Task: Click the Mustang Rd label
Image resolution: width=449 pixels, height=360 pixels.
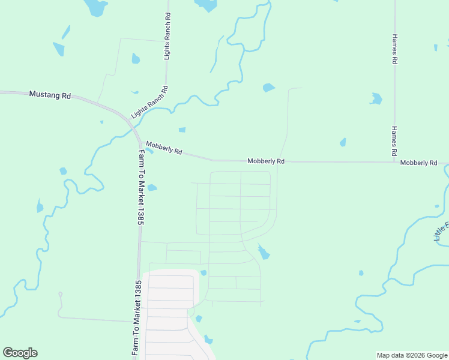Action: tap(50, 95)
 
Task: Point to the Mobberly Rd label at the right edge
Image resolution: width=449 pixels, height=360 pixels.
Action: tap(419, 163)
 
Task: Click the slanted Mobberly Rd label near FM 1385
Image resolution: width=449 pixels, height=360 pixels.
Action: tap(164, 148)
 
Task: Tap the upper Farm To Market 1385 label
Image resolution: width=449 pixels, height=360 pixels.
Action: tap(140, 187)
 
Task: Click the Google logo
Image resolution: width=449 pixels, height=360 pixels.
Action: tap(20, 353)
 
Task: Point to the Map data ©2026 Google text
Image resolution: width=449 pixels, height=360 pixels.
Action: tap(412, 355)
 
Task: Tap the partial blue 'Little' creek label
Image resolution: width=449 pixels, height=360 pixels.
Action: tap(441, 231)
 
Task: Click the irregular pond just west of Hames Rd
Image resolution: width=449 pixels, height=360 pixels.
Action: tap(376, 98)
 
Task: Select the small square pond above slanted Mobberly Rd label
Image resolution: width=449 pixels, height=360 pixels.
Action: tap(182, 130)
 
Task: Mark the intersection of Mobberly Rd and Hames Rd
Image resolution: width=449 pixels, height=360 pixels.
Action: tap(395, 161)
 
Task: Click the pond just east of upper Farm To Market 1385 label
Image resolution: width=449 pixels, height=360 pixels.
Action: tap(152, 188)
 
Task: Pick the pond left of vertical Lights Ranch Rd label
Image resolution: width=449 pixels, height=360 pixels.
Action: tap(136, 58)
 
